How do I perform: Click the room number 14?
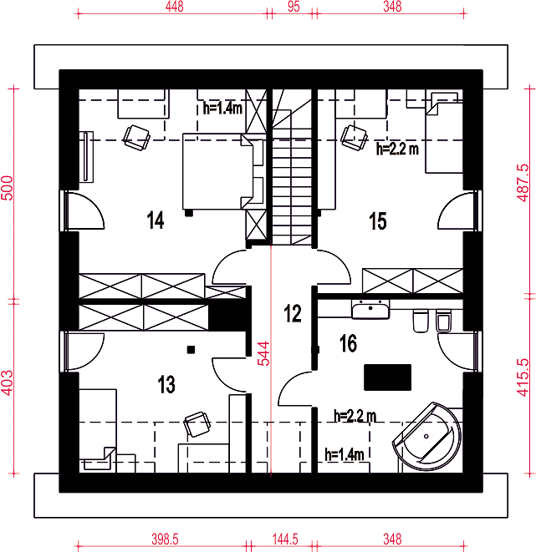tap(156, 220)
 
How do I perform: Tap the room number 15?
tap(377, 220)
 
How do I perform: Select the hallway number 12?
tap(293, 313)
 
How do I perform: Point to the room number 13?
tap(166, 384)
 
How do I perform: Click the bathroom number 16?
tap(348, 343)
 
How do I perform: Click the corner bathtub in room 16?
tap(427, 437)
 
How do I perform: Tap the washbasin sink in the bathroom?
tap(370, 310)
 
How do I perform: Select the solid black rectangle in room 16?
tap(387, 377)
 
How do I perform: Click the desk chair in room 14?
tap(136, 138)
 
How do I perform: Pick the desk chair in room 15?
tap(354, 138)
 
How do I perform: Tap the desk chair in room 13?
tap(197, 424)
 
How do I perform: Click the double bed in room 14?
tap(222, 172)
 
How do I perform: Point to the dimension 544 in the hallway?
tap(263, 353)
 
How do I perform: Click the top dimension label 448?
tap(175, 7)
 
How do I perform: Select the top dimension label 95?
tap(294, 7)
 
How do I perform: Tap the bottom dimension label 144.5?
tap(285, 539)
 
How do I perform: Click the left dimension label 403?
tap(7, 382)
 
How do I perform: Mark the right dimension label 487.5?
tap(523, 183)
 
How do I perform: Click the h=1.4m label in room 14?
tap(222, 108)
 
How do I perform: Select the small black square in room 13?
tap(191, 349)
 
